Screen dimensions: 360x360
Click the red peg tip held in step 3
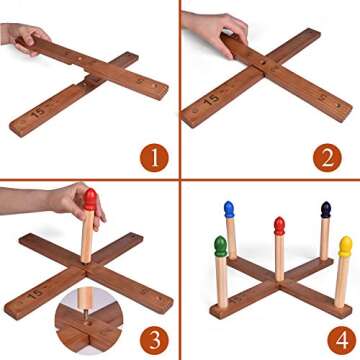coord(90,198)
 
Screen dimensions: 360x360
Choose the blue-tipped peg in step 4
coord(229,211)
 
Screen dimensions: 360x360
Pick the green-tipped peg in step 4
coord(220,246)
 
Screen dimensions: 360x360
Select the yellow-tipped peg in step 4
coord(345,245)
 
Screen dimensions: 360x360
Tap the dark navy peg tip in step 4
coord(325,210)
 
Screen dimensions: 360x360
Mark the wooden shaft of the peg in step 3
coord(87,240)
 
